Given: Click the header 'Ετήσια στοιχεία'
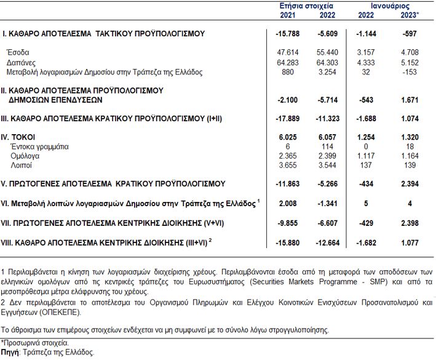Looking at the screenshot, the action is (306, 6).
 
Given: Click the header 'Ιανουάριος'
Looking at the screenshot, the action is (390, 6).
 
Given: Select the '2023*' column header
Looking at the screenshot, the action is (410, 15).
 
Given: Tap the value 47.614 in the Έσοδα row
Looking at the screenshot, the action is (288, 52).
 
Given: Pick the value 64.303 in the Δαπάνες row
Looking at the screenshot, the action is (327, 62).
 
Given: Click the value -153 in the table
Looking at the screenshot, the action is (410, 72).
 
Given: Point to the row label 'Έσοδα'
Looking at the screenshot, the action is (18, 52).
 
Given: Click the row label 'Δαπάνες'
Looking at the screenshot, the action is (21, 63).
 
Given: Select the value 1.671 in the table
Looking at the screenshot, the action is (410, 100).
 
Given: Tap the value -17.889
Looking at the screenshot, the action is (288, 119).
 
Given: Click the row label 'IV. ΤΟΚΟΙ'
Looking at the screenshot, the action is (18, 137).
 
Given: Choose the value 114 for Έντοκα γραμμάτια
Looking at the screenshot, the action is (327, 146).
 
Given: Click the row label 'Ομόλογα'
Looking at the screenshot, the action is (25, 156).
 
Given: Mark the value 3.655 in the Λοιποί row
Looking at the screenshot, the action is (288, 166).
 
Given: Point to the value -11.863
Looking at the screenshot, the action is (288, 183).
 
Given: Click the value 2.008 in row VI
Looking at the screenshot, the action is (288, 203).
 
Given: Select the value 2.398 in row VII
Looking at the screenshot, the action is (410, 223).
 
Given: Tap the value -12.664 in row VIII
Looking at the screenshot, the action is (328, 242).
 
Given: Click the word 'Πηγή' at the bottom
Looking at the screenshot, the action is (10, 353).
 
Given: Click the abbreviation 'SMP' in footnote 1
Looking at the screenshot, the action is (378, 282).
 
